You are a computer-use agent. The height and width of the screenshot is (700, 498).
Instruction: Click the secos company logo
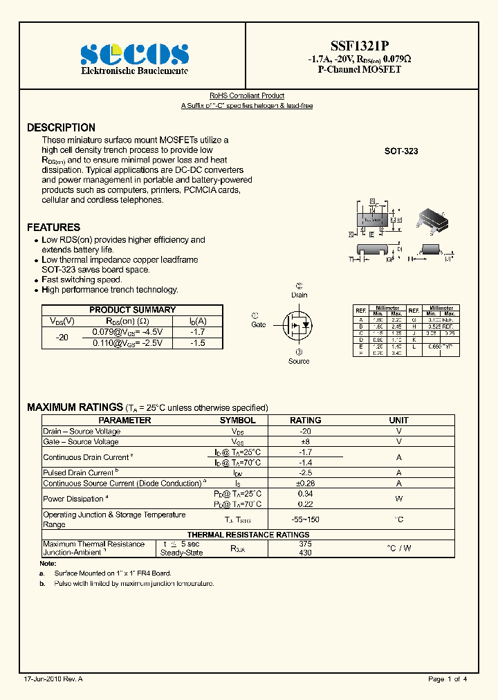[x=134, y=54]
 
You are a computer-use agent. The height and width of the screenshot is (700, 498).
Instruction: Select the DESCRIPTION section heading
[x=61, y=128]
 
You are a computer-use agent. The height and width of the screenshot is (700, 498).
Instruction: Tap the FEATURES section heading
[x=53, y=228]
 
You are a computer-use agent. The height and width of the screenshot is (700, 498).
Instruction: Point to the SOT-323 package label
[x=401, y=151]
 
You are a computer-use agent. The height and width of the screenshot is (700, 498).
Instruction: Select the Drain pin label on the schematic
[x=299, y=295]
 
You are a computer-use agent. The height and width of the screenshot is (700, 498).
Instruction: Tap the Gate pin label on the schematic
[x=258, y=324]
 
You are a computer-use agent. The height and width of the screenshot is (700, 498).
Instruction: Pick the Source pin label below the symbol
[x=299, y=361]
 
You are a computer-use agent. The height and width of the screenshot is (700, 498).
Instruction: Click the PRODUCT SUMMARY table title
[x=133, y=310]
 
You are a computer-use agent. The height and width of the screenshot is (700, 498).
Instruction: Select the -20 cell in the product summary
[x=62, y=338]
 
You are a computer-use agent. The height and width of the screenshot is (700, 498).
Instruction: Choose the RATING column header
[x=305, y=420]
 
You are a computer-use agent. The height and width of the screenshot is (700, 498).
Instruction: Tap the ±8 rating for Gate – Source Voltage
[x=305, y=441]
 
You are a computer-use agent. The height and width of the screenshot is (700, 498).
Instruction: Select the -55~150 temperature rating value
[x=305, y=519]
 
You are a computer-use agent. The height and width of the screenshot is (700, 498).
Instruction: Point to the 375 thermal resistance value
[x=305, y=544]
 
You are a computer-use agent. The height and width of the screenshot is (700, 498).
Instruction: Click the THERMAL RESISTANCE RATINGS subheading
[x=248, y=535]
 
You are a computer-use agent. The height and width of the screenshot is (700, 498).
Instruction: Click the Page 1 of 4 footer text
[x=448, y=679]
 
